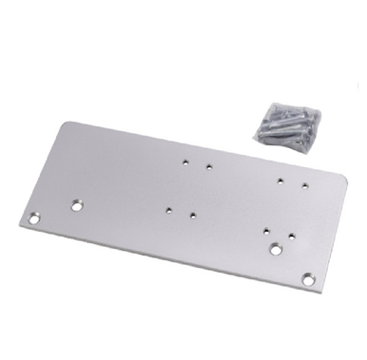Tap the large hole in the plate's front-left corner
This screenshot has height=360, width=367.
[35, 219]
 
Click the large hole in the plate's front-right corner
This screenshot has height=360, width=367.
[307, 279]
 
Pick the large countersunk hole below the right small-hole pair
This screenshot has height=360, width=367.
[276, 250]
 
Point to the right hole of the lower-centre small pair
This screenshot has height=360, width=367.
[192, 215]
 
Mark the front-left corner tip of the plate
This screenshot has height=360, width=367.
[19, 228]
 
